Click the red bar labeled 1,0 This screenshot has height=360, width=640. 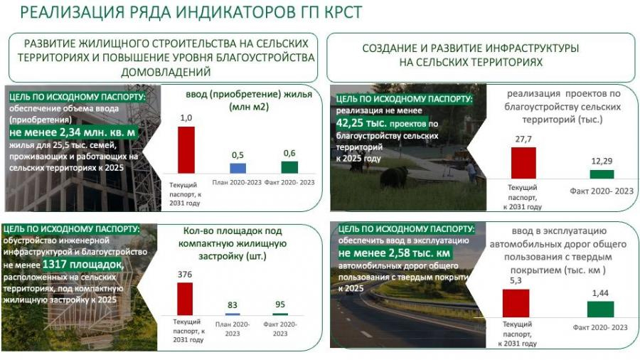click(186, 150)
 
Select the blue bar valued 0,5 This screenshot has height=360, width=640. click(238, 168)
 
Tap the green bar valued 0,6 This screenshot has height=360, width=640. click(289, 167)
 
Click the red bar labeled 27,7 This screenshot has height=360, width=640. click(523, 163)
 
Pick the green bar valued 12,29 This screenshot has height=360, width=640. click(602, 174)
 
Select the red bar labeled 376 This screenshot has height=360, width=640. click(185, 299)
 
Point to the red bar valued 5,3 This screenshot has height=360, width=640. click(516, 303)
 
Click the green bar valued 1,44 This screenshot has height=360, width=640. click(600, 309)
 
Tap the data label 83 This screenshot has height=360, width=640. click(233, 305)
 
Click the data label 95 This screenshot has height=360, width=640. click(280, 304)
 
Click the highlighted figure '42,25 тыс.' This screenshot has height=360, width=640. click(361, 123)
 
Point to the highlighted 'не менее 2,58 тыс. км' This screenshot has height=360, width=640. click(394, 253)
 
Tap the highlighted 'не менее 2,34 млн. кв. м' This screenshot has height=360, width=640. click(73, 132)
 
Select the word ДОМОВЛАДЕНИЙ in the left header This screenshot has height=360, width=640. click(166, 73)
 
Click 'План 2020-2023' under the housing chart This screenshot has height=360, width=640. click(237, 182)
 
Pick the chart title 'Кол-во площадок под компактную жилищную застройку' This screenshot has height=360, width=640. click(233, 243)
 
